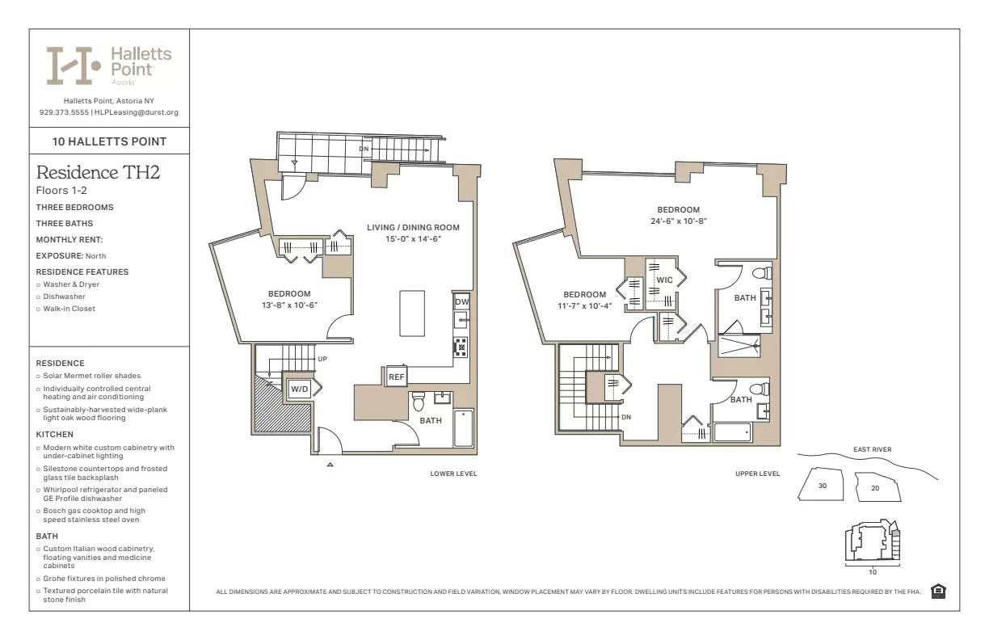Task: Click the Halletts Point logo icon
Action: tap(74, 65)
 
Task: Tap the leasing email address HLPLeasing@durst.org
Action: tap(137, 112)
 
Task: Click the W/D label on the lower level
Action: tap(300, 390)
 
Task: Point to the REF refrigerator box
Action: tap(396, 377)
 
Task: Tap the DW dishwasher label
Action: tap(461, 302)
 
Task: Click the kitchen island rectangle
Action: tap(412, 314)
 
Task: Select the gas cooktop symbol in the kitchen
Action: tap(461, 347)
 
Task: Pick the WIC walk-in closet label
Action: tap(664, 280)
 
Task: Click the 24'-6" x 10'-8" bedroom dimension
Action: tap(679, 221)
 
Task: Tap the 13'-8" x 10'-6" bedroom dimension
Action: tap(289, 305)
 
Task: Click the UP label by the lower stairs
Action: tap(322, 359)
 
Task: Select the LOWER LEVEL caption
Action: tap(453, 474)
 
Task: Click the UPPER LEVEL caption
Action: tap(757, 474)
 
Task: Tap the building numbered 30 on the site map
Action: tap(822, 486)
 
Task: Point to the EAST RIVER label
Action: tap(872, 449)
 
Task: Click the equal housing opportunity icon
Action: tap(938, 592)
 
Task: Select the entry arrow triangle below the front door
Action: tap(330, 465)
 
